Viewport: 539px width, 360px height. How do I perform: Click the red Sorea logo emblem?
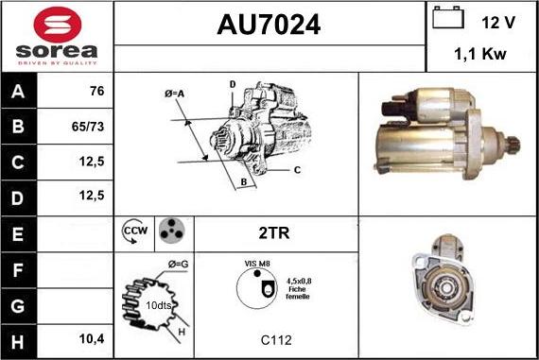point(58,25)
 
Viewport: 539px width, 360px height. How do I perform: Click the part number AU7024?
point(269,25)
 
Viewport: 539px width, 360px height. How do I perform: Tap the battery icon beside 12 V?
point(448,18)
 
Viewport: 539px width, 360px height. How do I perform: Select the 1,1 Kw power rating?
point(480,54)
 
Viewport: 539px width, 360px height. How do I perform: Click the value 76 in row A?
point(97,91)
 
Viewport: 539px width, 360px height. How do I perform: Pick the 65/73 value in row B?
point(88,127)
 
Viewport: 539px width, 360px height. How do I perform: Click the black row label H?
point(18,342)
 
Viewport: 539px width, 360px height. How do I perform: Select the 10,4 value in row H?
point(92,339)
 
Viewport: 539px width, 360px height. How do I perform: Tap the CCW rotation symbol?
point(134,231)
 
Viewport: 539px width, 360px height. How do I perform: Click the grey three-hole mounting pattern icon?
point(172,231)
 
